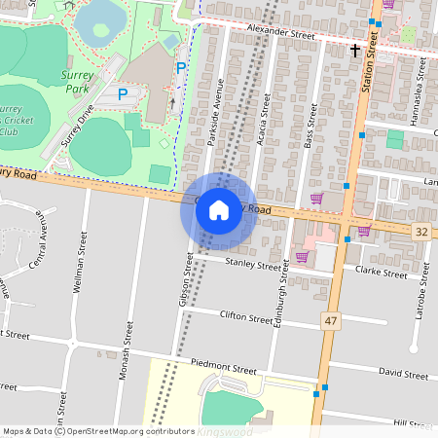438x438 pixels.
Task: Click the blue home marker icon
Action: click(219, 210)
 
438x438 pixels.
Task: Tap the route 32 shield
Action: click(420, 231)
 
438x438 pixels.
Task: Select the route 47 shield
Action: click(331, 319)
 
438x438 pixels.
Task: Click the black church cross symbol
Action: click(355, 49)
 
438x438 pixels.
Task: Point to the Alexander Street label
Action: click(282, 33)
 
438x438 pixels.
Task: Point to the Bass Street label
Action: click(309, 128)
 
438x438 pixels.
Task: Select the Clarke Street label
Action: click(381, 274)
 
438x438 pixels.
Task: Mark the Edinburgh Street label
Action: click(281, 298)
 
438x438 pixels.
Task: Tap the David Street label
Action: click(403, 374)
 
